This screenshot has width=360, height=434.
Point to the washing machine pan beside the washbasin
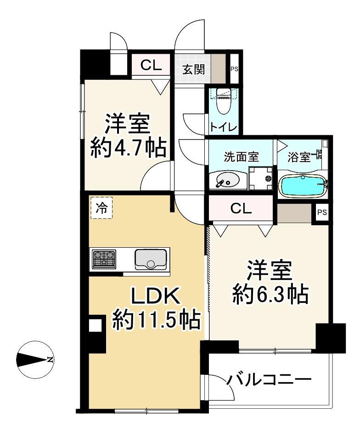[261, 178]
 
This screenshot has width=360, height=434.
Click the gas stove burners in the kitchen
[104, 259]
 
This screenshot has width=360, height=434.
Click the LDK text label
[155, 298]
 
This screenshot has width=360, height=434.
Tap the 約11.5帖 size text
[156, 320]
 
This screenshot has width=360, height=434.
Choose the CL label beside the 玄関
[151, 65]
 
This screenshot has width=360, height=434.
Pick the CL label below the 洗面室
[241, 209]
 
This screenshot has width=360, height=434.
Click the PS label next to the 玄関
[234, 69]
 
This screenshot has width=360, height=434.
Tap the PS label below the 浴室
[322, 212]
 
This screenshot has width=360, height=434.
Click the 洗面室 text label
[241, 157]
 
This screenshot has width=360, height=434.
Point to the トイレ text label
[223, 127]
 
